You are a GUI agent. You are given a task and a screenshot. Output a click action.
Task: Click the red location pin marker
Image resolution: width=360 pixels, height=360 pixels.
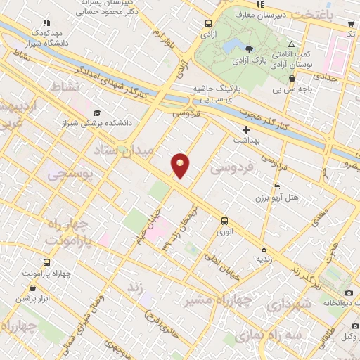coord(181,165)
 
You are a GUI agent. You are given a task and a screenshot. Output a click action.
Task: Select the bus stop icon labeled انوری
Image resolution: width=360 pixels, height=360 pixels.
coord(224,220)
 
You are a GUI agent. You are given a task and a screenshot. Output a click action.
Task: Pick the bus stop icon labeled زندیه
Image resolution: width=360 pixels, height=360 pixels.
coord(263,248)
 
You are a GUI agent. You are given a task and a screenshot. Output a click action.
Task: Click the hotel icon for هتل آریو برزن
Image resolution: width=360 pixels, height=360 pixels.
coord(276,186)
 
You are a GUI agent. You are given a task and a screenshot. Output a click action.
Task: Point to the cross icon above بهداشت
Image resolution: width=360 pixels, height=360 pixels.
coord(246,129)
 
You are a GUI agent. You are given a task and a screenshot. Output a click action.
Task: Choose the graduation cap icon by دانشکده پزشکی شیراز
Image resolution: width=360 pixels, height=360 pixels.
coord(96,112)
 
